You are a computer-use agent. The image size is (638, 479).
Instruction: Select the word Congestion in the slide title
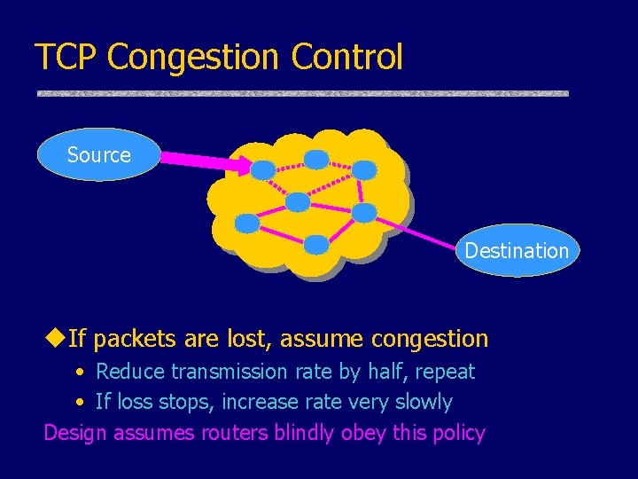coord(185,57)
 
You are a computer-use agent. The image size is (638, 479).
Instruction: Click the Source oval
coord(99,155)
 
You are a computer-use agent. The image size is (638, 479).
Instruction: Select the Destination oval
coord(516,251)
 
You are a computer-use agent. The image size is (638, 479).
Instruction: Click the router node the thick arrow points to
coord(262,169)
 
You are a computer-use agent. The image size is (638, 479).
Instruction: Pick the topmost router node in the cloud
coord(316,160)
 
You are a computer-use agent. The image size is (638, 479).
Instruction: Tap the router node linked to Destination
coord(364,212)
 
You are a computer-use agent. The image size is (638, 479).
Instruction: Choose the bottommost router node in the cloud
coord(316,243)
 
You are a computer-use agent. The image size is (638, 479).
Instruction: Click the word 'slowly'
coord(423,402)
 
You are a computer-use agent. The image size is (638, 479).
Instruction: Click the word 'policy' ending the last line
coord(457,433)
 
